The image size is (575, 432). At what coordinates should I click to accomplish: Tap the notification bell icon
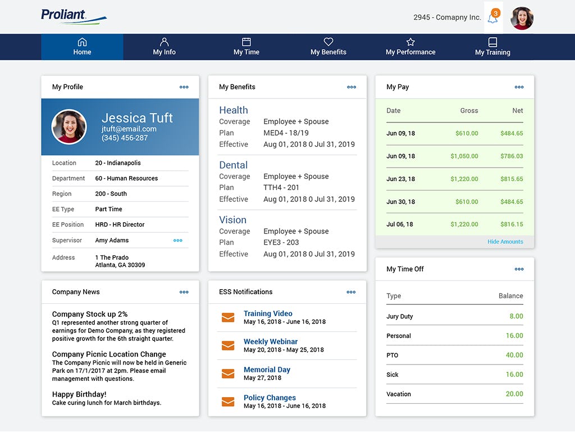pos(492,18)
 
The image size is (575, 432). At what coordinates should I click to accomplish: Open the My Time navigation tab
pos(246,47)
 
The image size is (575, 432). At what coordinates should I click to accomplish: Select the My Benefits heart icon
pos(328,42)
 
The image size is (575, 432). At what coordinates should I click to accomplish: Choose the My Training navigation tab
pos(492,47)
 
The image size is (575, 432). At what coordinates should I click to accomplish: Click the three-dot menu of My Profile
pos(184,87)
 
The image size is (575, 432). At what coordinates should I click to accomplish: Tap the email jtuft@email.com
pos(129,129)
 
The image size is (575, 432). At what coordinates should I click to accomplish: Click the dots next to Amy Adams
pos(178,240)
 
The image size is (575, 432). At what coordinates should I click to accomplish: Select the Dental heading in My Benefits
pos(233,165)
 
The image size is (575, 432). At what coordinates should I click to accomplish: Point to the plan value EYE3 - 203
pos(281,242)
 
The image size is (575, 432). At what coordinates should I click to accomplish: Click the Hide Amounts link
pos(505,242)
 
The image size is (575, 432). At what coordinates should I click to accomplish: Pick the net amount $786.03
pos(512,156)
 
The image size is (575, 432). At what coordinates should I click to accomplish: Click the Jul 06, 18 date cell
pos(400,224)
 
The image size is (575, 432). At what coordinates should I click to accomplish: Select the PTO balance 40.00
pos(514,355)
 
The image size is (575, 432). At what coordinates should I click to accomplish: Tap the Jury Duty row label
pos(400,317)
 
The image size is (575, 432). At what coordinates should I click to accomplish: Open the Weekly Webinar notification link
pos(271,341)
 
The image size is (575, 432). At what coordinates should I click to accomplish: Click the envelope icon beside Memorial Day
pos(228,373)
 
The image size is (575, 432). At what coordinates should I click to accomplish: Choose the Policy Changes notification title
pos(270,398)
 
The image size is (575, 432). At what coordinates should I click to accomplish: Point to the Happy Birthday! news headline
pos(79,394)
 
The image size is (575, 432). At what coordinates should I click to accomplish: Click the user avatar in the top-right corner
pos(522,18)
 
